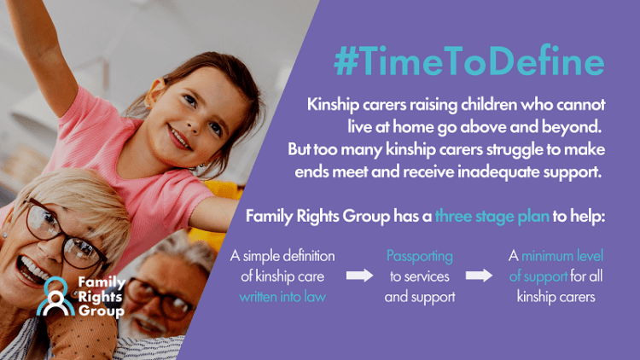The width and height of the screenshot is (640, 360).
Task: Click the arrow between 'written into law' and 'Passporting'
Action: click(x=359, y=276)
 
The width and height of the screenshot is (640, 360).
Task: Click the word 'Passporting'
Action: click(x=419, y=256)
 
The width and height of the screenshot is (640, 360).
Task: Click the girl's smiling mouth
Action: click(x=181, y=136)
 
